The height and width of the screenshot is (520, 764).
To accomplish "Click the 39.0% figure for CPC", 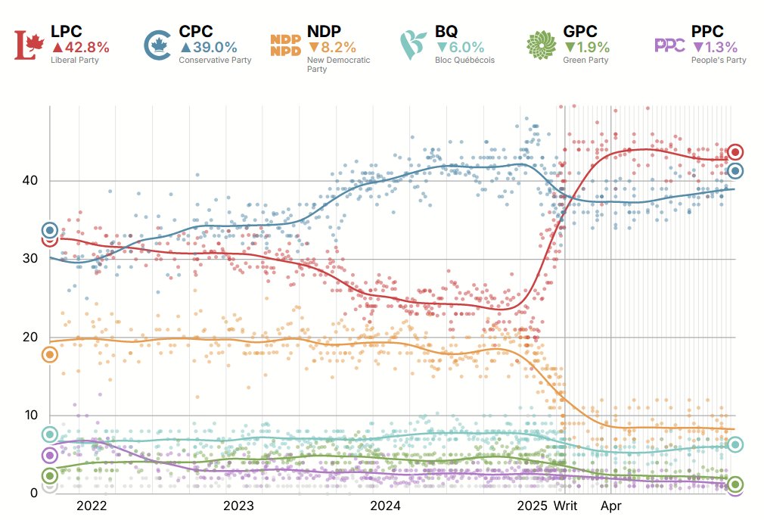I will (208, 47).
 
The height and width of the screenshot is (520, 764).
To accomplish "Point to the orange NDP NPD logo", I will (286, 45).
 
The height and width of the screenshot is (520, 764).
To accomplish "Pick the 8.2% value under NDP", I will (332, 47).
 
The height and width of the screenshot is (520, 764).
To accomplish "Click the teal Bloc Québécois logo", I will (413, 45).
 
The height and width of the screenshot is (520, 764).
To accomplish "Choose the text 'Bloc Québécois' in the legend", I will (464, 60).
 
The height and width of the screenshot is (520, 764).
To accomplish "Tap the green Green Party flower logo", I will (542, 45).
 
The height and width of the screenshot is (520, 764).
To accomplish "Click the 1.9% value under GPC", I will (587, 47).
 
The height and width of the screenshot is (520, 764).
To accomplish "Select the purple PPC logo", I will (669, 45).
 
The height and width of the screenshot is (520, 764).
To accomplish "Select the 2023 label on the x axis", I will (238, 506).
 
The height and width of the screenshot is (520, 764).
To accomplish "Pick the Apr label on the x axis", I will (611, 506).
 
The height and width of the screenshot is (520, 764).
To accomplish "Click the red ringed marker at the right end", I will (734, 152).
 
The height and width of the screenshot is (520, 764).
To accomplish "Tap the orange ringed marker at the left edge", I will (50, 354).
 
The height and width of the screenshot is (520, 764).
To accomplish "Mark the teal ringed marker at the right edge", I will (734, 444).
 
